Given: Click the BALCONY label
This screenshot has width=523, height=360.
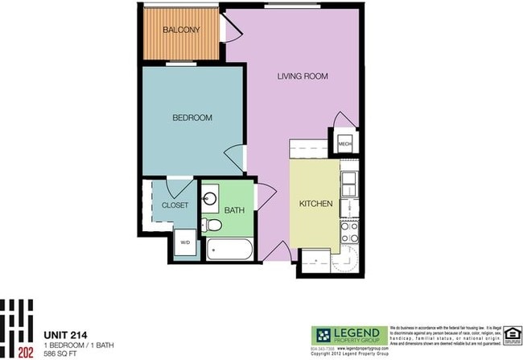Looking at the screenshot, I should (x=181, y=31).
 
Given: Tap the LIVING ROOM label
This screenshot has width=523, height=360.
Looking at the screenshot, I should (x=304, y=77).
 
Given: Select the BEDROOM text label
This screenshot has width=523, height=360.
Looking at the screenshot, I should (x=192, y=118).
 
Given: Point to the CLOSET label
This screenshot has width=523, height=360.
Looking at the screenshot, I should (x=175, y=205).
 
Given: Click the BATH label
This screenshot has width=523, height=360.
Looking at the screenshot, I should (x=234, y=210).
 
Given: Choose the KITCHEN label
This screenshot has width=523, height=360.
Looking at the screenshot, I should (x=316, y=205).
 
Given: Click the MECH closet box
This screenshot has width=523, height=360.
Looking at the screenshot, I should (x=344, y=144).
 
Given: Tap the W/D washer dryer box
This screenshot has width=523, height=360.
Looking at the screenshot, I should (x=184, y=242).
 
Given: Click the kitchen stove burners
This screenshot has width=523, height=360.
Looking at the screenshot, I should (x=350, y=232).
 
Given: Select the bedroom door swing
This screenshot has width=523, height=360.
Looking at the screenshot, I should (x=234, y=157).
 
